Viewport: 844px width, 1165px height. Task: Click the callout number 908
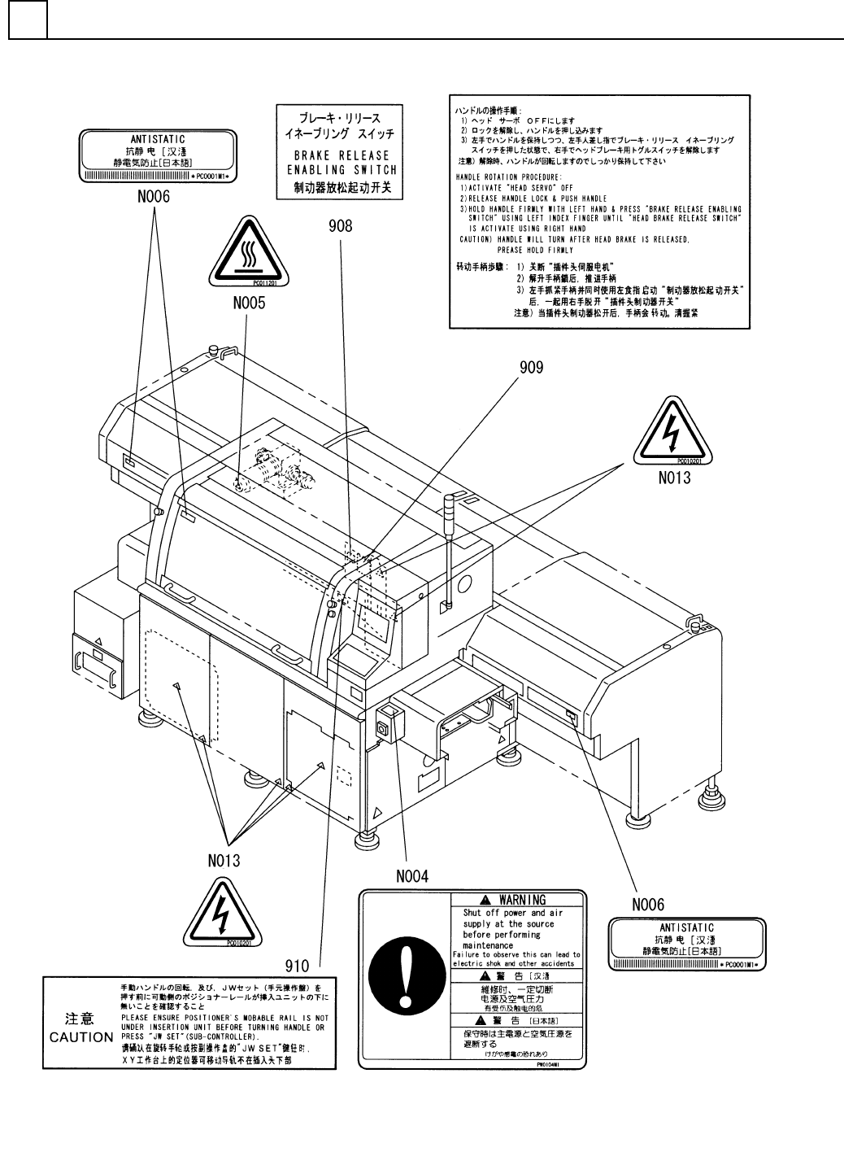point(341,225)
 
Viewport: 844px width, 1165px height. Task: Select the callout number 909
point(532,367)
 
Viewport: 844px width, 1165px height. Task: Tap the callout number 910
point(298,966)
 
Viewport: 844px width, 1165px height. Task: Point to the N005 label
point(248,304)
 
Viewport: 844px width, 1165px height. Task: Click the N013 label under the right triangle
point(674,478)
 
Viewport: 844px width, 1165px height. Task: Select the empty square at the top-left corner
point(28,20)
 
